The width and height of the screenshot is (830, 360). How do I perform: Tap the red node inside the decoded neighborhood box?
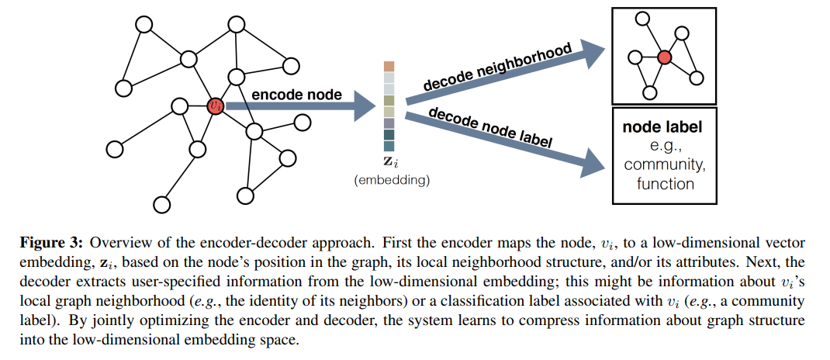pos(664,57)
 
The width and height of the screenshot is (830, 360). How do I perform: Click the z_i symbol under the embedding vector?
pos(390,164)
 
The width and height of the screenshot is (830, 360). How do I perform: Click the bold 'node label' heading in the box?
pos(662,126)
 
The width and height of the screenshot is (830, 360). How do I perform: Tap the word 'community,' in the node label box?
pos(662,164)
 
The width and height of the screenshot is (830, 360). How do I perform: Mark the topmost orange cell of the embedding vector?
pos(389,67)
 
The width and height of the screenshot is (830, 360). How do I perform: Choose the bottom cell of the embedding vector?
pos(389,146)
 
